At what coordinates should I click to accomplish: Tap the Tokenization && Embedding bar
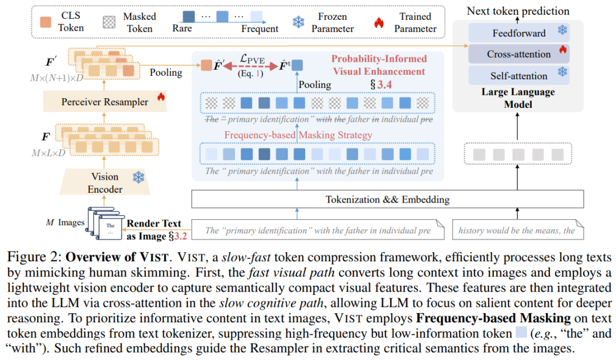coord(387,200)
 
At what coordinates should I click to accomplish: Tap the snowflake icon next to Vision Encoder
coord(139,177)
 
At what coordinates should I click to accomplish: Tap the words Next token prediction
coord(518,11)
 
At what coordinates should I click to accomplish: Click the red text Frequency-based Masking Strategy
coord(298,135)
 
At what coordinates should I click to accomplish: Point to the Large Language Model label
coord(518,98)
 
